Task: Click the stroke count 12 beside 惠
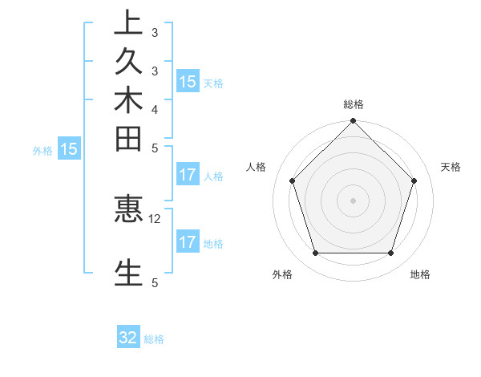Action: click(155, 218)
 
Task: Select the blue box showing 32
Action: click(128, 338)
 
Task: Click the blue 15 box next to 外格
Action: click(69, 148)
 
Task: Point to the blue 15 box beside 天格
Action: click(188, 81)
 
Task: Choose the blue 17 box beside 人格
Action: click(188, 175)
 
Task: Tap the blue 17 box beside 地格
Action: click(188, 242)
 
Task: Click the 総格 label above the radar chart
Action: click(353, 105)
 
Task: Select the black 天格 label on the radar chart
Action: click(451, 167)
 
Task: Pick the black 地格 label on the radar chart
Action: click(420, 274)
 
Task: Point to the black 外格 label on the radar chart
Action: click(282, 274)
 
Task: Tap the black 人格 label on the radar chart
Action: click(257, 167)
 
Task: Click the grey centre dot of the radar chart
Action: click(353, 200)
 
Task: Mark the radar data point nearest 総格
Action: click(353, 123)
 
